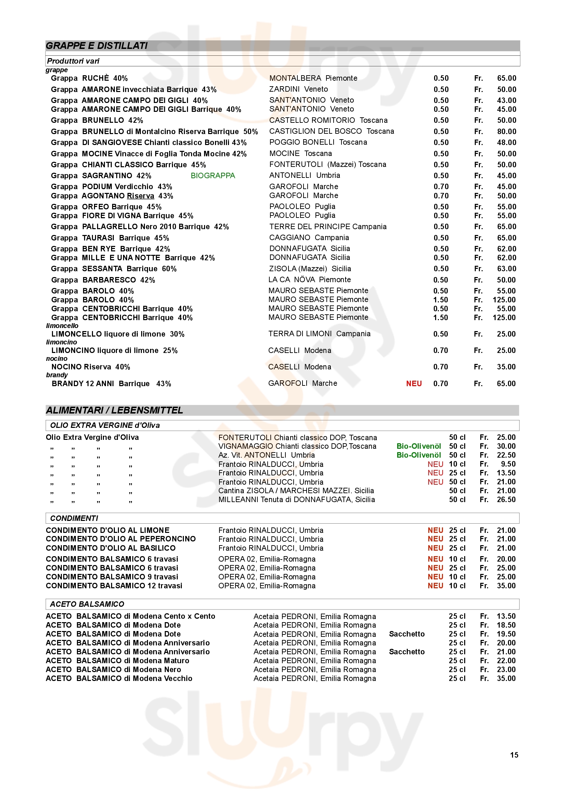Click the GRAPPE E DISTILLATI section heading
pos(96,45)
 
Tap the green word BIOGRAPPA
pos(213,175)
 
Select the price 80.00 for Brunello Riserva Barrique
pos(507,131)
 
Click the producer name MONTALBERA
pos(295,78)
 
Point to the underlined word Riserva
pos(140,196)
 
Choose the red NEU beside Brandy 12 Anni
pos(414,384)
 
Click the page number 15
pos(514,755)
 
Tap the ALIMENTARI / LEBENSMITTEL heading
pos(114,410)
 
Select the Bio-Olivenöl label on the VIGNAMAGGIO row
pos(418,446)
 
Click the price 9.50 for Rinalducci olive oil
pos(508,464)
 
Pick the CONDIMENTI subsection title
pos(74,519)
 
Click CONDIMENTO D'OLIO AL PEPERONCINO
pos(120,539)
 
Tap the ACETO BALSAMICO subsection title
pos(87,604)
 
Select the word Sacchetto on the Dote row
pos(407,634)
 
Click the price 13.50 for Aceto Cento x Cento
pos(506,616)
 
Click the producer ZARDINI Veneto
pos(298,89)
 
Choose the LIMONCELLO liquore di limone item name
pos(118,334)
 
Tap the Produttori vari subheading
pos(73,61)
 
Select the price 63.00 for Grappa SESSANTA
pos(507,268)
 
